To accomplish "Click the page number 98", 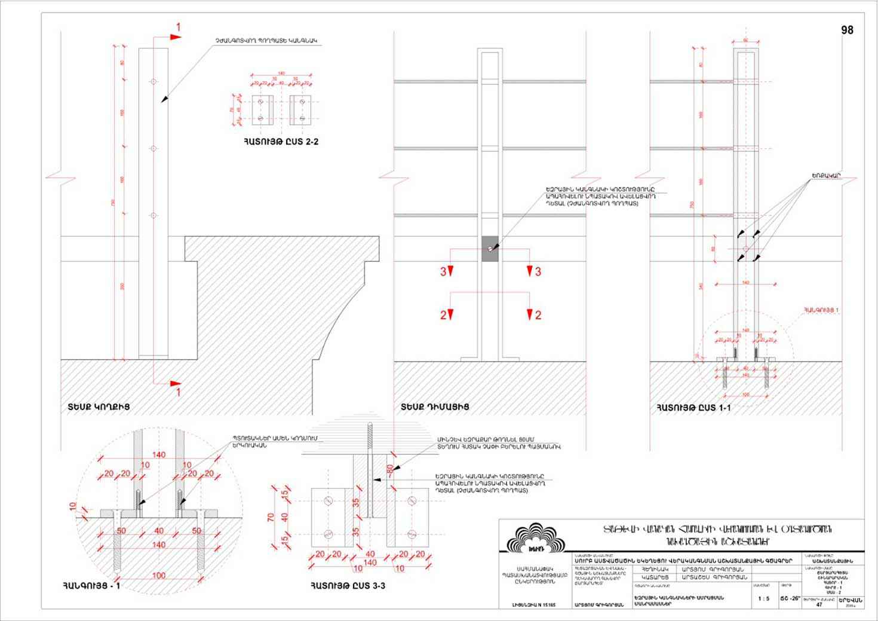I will [x=846, y=30].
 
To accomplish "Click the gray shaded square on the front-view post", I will [x=490, y=248].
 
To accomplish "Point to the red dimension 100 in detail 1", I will [x=159, y=575].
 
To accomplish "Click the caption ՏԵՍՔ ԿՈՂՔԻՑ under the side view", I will [x=99, y=407].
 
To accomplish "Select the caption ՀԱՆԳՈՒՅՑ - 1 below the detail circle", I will [x=91, y=586].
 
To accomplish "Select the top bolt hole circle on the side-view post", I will [x=154, y=81].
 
